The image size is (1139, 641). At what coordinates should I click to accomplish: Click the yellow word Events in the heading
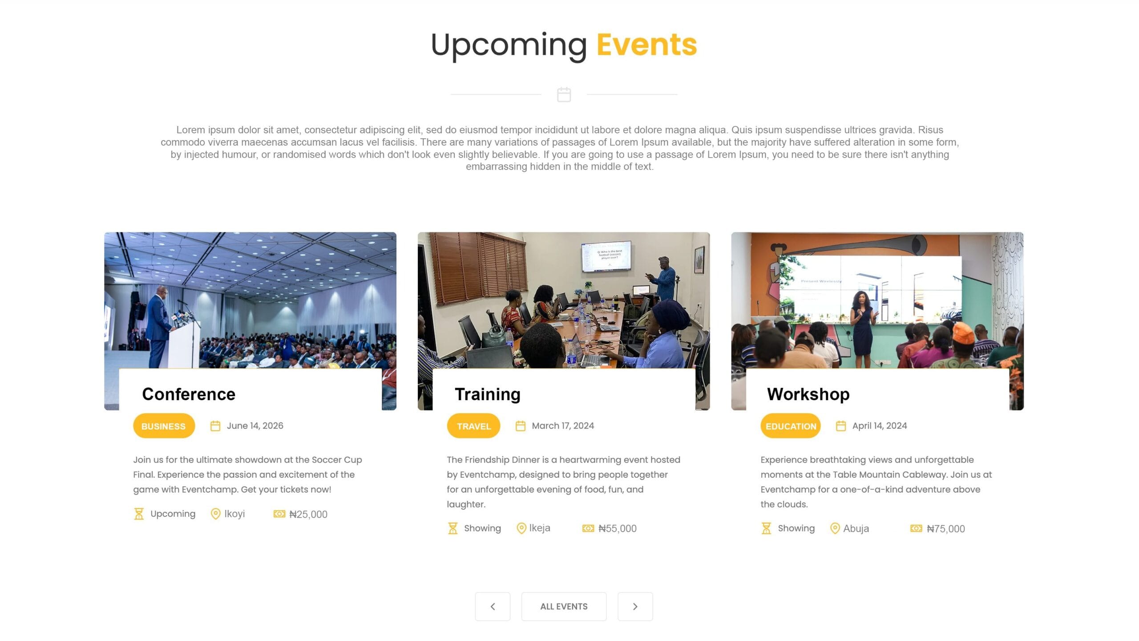(646, 45)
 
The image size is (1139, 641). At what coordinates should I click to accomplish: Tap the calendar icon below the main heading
(564, 94)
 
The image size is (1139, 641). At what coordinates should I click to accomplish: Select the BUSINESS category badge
(164, 426)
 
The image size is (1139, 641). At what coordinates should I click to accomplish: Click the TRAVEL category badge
(473, 426)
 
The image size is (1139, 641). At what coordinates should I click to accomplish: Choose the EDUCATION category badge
(791, 426)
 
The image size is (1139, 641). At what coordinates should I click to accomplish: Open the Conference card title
(189, 394)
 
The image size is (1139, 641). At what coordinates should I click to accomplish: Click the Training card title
(488, 394)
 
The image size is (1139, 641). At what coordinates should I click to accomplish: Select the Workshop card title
(808, 394)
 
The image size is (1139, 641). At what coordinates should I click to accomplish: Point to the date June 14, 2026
(255, 426)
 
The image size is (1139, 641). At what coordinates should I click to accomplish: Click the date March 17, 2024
(563, 426)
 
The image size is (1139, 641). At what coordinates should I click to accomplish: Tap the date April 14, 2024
(880, 426)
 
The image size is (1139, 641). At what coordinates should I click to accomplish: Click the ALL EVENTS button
(564, 606)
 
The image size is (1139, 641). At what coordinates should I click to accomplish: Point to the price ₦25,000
(308, 515)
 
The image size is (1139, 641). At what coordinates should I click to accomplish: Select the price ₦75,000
(946, 529)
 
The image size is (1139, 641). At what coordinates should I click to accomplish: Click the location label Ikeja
(540, 528)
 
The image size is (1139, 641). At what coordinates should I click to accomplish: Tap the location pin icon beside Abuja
(835, 528)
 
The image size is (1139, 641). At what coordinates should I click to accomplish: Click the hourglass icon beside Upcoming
(139, 514)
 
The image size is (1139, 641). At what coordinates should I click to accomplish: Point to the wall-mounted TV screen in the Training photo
(606, 256)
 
